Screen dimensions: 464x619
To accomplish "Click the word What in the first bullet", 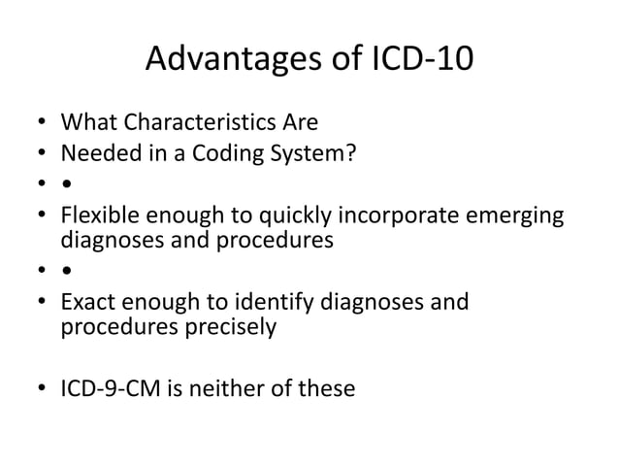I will (87, 124).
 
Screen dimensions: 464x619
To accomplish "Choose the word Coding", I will (212, 153).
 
